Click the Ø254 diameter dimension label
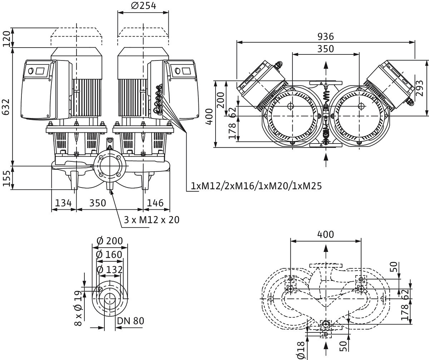pyautogui.click(x=144, y=6)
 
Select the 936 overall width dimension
pyautogui.click(x=325, y=37)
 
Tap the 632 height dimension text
pyautogui.click(x=6, y=106)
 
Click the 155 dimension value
pyautogui.click(x=6, y=178)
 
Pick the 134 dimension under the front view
pyautogui.click(x=63, y=203)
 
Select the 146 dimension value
pyautogui.click(x=156, y=203)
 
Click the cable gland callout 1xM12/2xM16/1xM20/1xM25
pyautogui.click(x=256, y=186)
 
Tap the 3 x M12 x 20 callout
pyautogui.click(x=152, y=220)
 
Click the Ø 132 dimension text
pyautogui.click(x=110, y=269)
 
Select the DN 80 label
pyautogui.click(x=130, y=321)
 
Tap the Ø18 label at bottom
pyautogui.click(x=301, y=350)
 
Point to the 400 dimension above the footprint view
pyautogui.click(x=325, y=234)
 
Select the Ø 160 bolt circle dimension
pyautogui.click(x=110, y=255)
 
